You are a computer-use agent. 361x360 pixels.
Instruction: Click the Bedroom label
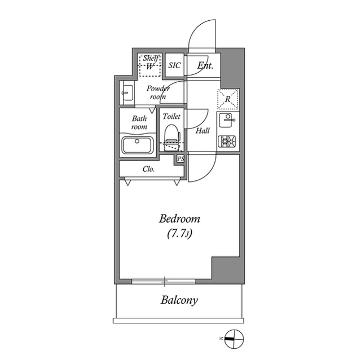point(179,219)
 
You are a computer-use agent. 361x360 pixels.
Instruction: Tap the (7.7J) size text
point(179,232)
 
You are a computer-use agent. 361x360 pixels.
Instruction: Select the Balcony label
point(179,300)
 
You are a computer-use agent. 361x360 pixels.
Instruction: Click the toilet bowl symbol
point(171,135)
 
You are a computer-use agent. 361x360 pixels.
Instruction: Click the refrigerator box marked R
point(228,100)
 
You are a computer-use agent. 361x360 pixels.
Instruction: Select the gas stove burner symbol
point(228,141)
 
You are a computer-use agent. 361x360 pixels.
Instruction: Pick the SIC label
point(175,65)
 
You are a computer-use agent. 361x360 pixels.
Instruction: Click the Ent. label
point(205,65)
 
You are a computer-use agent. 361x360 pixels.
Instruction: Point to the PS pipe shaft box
point(180,159)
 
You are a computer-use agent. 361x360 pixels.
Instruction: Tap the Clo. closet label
point(149,168)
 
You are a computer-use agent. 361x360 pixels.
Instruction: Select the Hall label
point(202,131)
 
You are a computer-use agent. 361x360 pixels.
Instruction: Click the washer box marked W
point(150,66)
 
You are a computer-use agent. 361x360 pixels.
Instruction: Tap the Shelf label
point(150,58)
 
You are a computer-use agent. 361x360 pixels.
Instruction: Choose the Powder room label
point(158,92)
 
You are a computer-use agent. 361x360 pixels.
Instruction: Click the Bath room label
point(139,123)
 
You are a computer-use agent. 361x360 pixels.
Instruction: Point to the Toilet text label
point(171,117)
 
